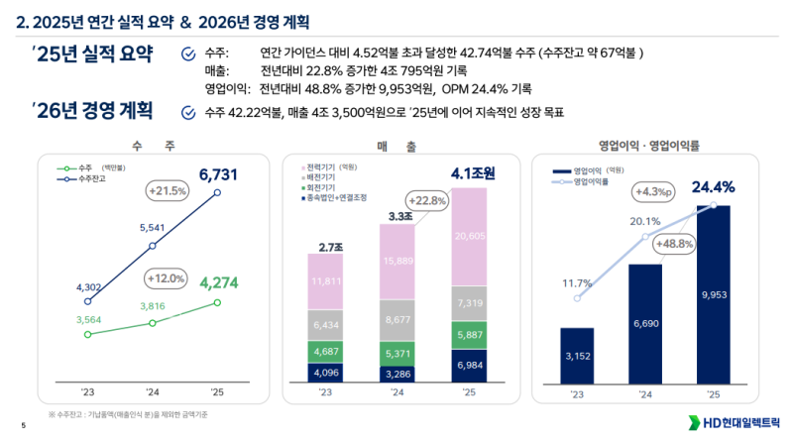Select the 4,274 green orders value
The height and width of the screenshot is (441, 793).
219,283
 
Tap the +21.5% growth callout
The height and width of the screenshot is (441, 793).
168,190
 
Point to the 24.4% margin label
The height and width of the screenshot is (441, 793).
713,186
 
